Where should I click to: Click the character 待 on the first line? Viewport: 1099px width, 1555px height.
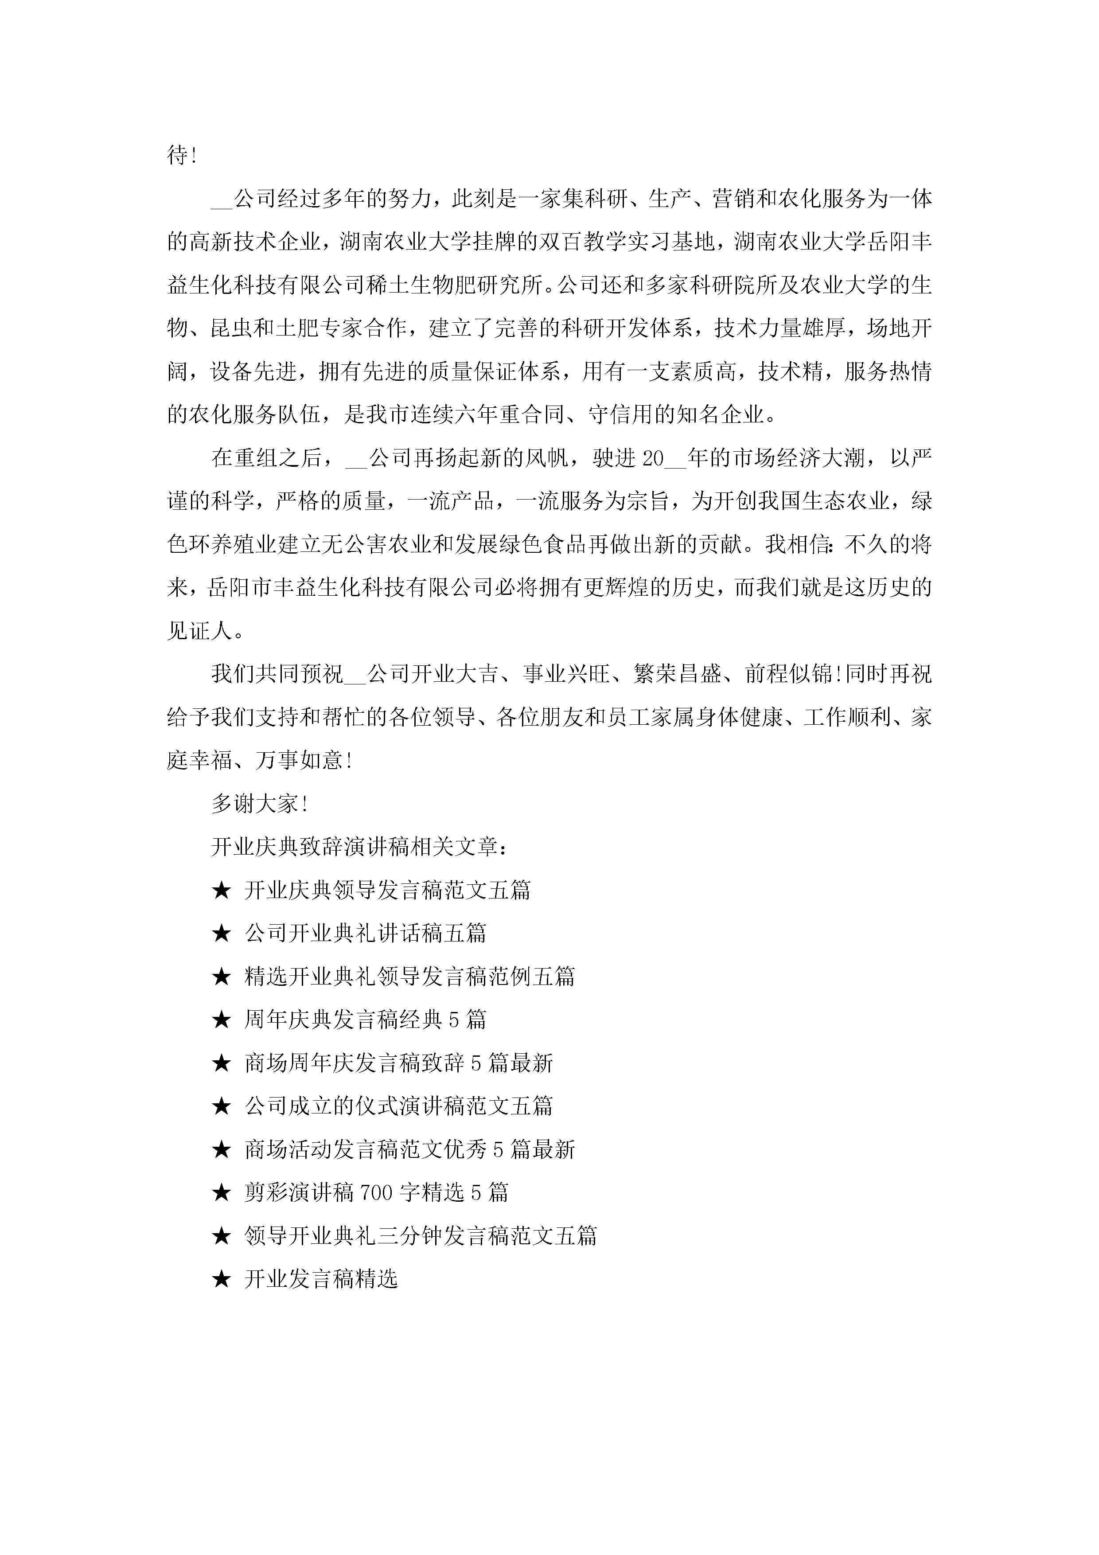(177, 155)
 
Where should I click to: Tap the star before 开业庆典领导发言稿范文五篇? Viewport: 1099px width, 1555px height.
(222, 891)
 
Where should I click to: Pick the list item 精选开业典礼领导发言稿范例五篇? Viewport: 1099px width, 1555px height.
(409, 977)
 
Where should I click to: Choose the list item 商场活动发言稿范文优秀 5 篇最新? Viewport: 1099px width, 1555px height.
(409, 1150)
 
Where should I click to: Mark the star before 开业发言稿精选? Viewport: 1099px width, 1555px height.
(222, 1279)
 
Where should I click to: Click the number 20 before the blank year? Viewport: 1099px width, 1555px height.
(653, 458)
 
